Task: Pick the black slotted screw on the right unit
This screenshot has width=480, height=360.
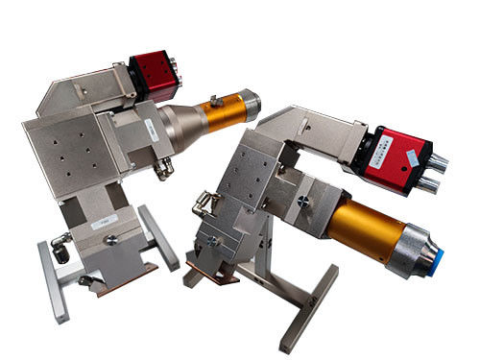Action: [303, 202]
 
